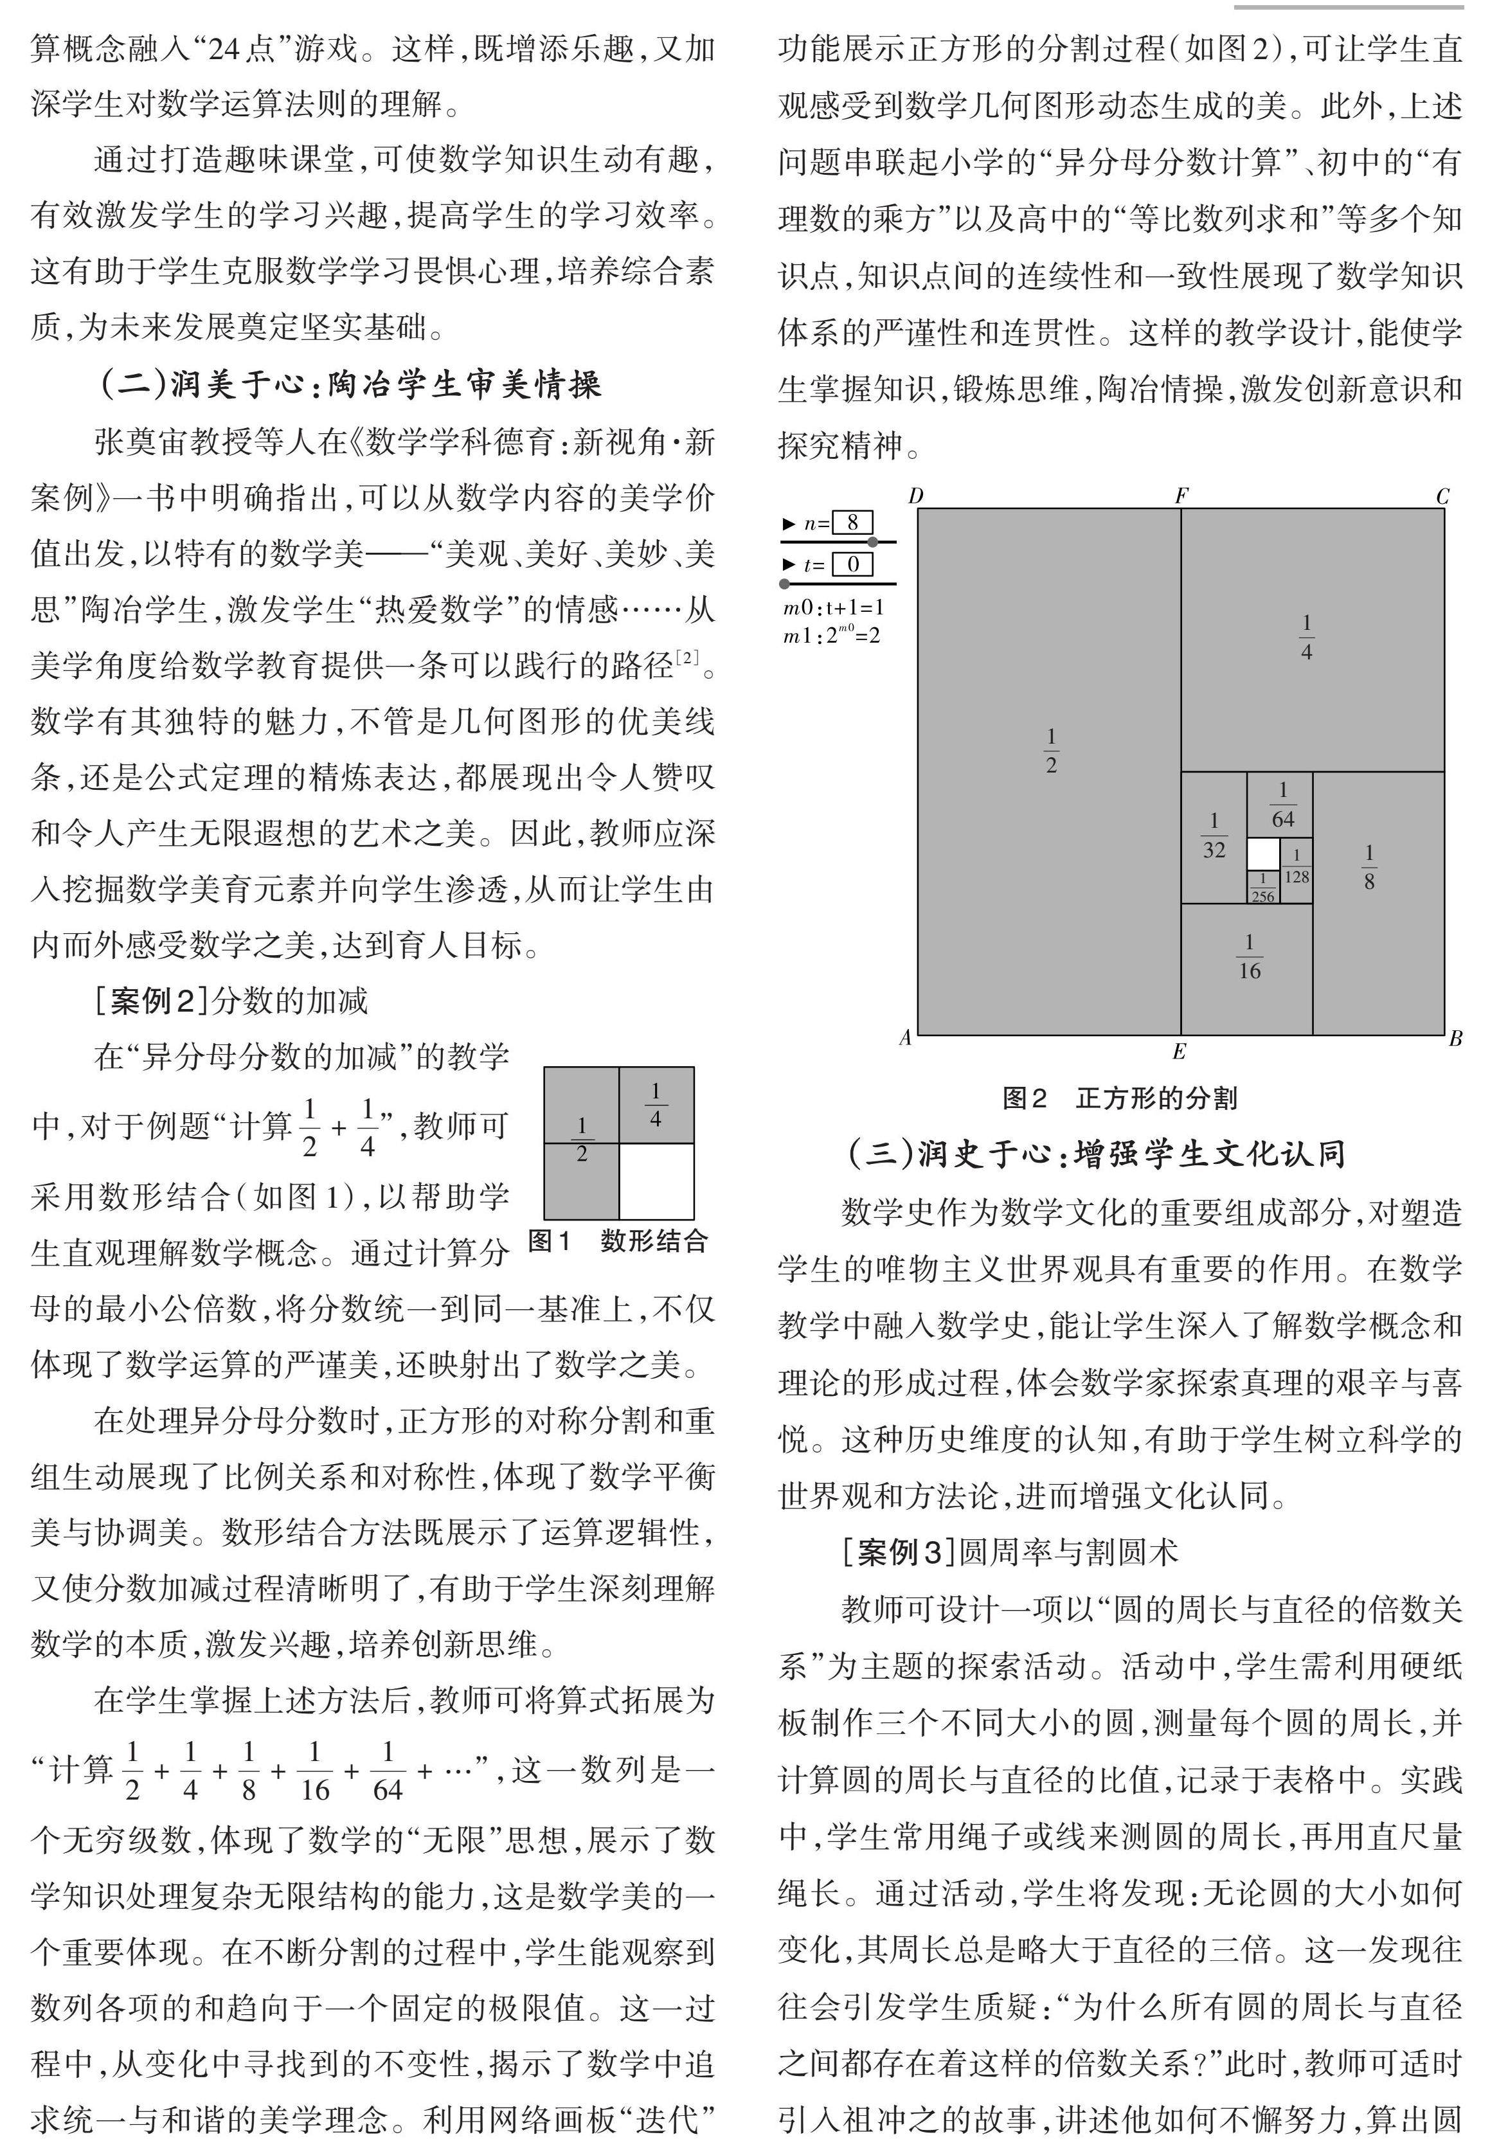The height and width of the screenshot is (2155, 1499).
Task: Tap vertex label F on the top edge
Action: coord(1181,495)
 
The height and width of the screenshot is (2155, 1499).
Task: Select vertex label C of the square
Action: coord(1444,496)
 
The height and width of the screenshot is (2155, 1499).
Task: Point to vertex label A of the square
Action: coord(905,1037)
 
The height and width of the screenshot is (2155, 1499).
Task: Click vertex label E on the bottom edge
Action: coord(1179,1051)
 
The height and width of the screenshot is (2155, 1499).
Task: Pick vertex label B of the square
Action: coord(1456,1038)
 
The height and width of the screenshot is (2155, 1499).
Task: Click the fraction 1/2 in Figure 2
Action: coord(1050,751)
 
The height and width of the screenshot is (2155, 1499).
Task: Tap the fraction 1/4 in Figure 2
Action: coord(1307,638)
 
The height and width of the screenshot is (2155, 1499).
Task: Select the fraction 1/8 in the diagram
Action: coord(1369,866)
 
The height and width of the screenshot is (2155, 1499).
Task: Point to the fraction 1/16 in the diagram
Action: coord(1248,956)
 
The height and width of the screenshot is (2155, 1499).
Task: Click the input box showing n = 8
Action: coord(852,523)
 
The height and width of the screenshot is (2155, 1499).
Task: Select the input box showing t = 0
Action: coord(852,564)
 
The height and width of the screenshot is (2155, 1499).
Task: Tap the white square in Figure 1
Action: coord(656,1181)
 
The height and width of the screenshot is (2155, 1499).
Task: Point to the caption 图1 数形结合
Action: coord(618,1241)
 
